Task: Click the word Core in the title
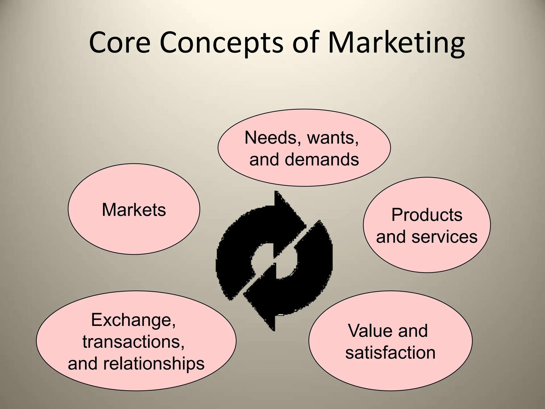[x=120, y=43]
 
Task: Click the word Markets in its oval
[x=134, y=210]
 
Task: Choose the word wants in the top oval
[x=333, y=138]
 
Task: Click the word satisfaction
[x=390, y=353]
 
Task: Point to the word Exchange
[x=133, y=320]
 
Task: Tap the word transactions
[x=133, y=342]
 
